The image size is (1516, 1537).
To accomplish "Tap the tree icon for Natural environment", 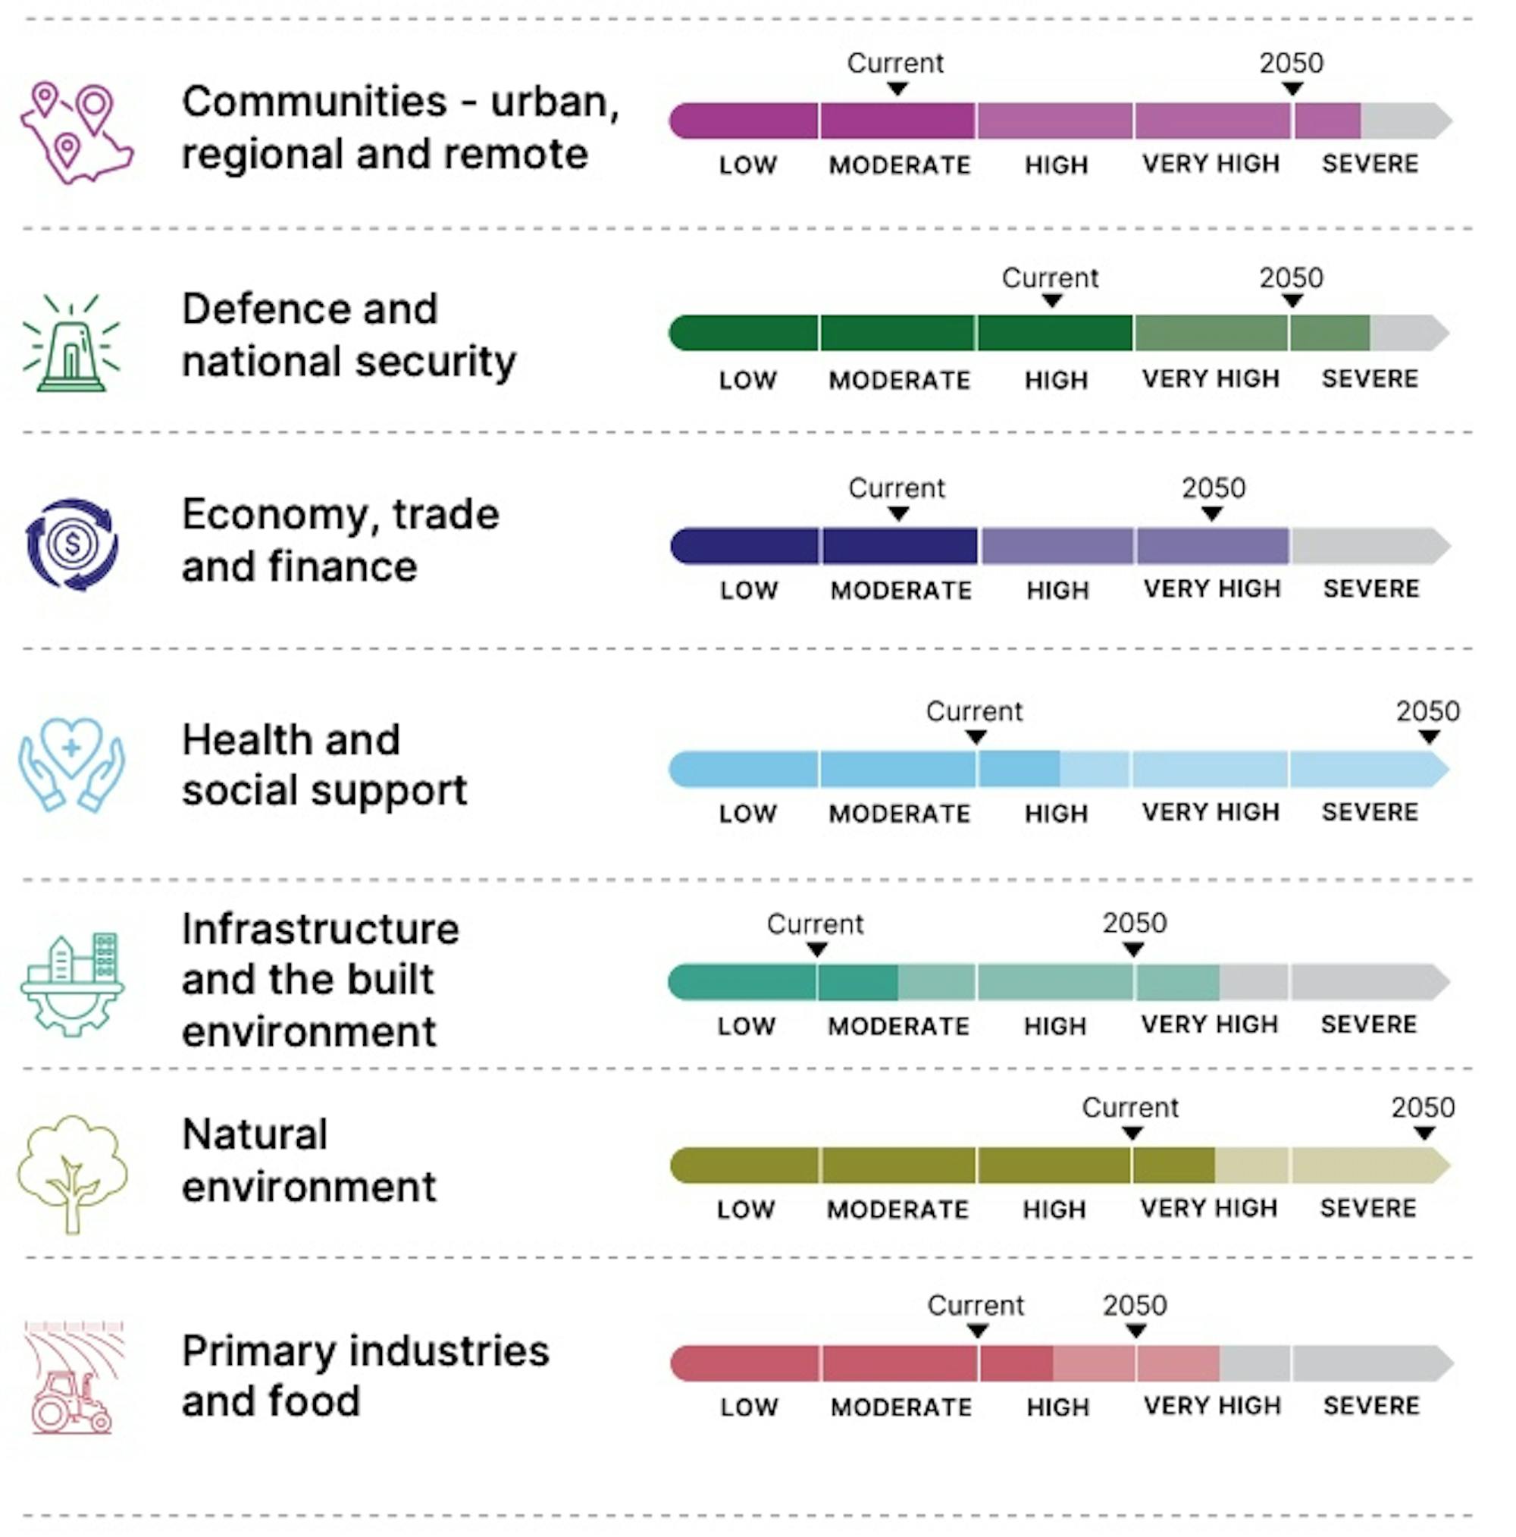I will (72, 1171).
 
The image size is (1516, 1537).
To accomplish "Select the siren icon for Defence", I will (71, 343).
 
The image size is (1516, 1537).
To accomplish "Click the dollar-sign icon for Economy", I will (72, 544).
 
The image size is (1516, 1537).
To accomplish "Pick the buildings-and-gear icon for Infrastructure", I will (71, 982).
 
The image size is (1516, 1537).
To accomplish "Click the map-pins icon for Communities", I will (76, 132).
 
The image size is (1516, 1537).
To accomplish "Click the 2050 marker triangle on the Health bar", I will (1429, 738).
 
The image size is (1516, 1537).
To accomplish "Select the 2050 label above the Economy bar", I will (1213, 488).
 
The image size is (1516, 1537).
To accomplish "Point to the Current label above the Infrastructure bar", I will (815, 924).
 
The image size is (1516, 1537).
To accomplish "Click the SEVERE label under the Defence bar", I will (1370, 378).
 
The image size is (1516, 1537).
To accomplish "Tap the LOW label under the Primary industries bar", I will (748, 1407).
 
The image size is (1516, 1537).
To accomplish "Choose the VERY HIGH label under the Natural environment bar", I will (1209, 1208).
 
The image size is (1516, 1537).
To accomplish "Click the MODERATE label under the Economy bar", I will (901, 590).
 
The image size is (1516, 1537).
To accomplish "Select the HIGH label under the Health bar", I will (1055, 813).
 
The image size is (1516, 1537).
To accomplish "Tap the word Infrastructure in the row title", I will (320, 929).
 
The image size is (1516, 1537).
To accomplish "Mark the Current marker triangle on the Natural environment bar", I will (1132, 1133).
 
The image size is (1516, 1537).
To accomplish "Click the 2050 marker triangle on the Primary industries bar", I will (1135, 1331).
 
